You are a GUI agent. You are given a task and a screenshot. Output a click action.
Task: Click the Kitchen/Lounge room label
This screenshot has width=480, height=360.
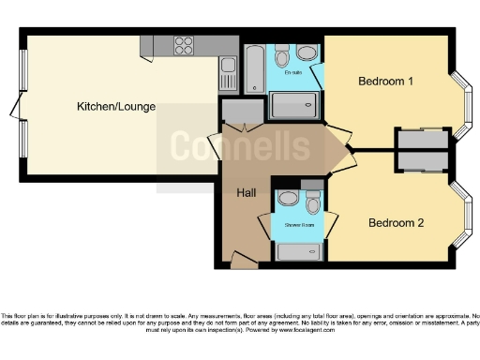115,106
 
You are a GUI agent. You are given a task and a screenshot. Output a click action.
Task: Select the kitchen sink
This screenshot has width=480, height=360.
228,69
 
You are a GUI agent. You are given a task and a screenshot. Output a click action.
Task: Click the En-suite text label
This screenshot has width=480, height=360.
292,71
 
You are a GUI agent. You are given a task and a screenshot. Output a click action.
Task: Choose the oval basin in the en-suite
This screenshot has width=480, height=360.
281,51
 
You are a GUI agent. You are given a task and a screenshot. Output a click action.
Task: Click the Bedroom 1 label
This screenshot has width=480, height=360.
385,82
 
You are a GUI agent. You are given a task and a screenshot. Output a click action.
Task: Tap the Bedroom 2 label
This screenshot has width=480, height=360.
396,223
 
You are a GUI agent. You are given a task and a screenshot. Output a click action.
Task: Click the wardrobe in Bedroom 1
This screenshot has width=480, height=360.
421,139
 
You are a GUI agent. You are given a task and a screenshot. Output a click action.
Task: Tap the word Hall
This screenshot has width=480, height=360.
246,192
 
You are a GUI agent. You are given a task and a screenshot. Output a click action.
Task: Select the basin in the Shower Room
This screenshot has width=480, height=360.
289,199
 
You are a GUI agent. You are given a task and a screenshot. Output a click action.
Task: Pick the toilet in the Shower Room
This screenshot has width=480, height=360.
313,202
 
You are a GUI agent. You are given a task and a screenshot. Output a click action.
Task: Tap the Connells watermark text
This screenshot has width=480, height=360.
239,146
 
